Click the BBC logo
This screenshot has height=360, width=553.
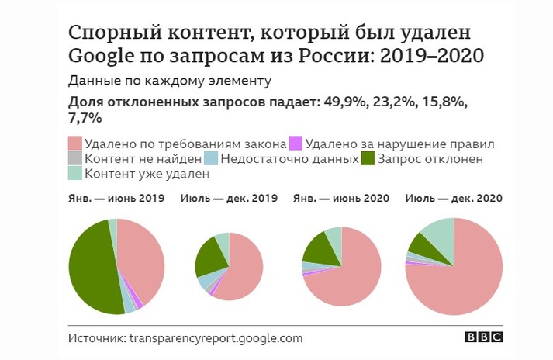click(x=484, y=338)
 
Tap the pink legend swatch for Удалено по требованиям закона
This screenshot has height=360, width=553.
click(x=75, y=144)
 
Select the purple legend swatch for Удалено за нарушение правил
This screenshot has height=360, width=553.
click(x=295, y=144)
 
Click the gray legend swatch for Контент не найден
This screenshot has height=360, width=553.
click(x=75, y=159)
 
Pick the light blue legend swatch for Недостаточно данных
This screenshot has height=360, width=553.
click(x=209, y=159)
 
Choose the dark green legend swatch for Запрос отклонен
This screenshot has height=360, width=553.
click(x=369, y=159)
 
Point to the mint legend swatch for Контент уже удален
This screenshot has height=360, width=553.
click(x=75, y=175)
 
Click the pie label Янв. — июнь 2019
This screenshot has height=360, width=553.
click(x=116, y=199)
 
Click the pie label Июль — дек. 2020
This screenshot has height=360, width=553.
click(x=454, y=199)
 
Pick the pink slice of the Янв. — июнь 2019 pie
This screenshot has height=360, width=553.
click(x=143, y=260)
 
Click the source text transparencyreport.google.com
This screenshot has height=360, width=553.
click(x=216, y=338)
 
